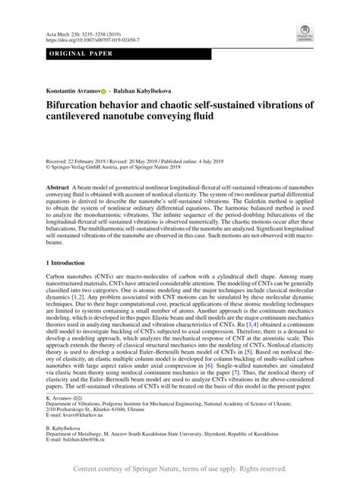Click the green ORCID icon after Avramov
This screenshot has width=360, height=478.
point(103,90)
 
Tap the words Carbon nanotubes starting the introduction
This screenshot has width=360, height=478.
point(74,279)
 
